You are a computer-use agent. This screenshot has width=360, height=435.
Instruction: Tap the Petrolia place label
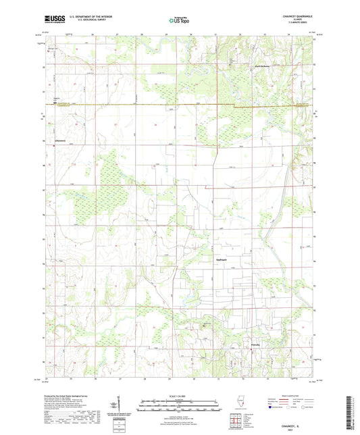(251, 343)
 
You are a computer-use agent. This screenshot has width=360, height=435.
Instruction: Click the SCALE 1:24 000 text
(180, 395)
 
